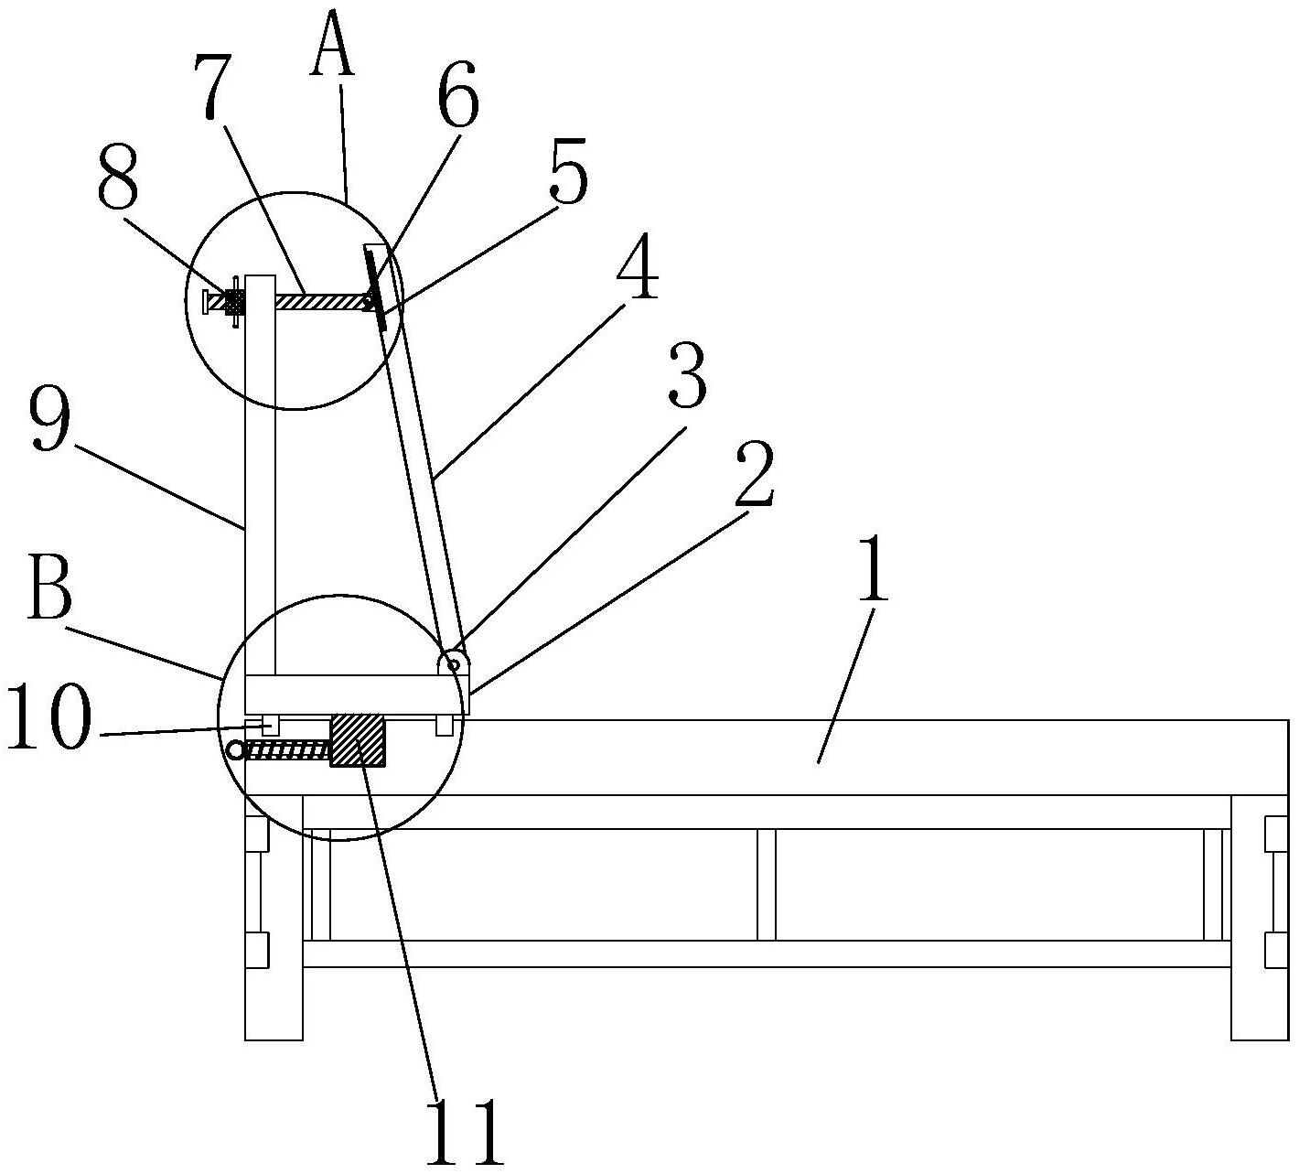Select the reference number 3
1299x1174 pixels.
687,376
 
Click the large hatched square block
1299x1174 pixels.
358,740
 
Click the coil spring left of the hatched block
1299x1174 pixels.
288,750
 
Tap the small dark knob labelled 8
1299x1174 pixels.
234,303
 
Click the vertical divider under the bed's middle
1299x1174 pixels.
766,884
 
